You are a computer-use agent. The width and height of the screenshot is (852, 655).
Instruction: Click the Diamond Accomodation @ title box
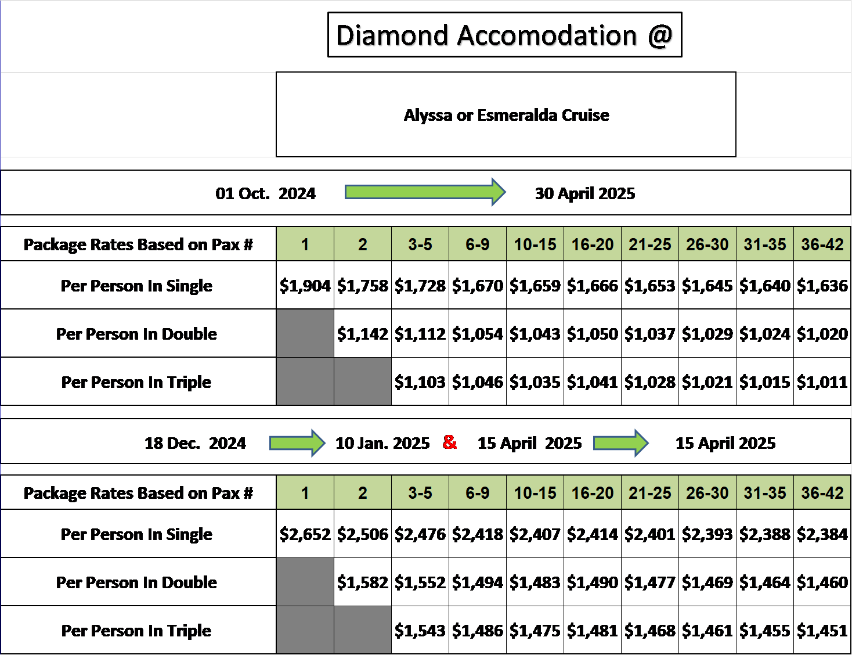(504, 34)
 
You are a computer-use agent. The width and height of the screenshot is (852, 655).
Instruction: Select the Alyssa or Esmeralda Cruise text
(506, 116)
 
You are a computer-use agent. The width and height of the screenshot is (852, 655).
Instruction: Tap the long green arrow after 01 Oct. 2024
(425, 192)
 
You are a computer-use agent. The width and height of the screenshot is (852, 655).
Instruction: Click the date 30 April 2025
(584, 193)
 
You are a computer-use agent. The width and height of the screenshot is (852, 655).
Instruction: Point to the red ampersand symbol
(449, 442)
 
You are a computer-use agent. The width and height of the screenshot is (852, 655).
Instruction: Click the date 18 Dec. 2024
(195, 443)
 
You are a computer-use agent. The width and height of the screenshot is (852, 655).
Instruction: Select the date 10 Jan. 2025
(382, 443)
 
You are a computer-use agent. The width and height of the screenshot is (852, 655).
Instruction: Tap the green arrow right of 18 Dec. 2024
(297, 443)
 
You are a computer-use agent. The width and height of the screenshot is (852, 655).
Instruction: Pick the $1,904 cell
(305, 285)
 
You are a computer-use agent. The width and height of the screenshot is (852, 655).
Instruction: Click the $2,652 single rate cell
(305, 534)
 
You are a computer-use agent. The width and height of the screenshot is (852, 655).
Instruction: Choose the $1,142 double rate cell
(363, 333)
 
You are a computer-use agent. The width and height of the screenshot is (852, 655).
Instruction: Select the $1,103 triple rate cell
(420, 382)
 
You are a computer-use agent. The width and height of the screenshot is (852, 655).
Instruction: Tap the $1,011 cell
(822, 382)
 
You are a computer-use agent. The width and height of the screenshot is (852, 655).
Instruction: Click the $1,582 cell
(363, 582)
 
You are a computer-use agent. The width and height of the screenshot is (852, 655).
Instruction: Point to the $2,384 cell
(822, 534)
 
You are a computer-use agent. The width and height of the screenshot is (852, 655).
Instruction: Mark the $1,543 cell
(420, 630)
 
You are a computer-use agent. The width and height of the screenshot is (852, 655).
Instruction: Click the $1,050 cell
(593, 333)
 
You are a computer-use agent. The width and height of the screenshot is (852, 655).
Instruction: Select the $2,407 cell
(535, 534)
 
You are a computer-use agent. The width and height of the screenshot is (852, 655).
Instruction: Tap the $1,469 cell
(707, 582)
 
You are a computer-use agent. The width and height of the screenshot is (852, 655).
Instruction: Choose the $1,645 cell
(707, 285)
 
